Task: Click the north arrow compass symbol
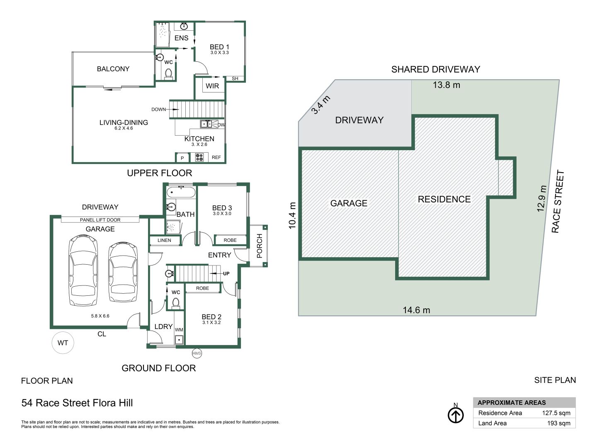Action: coord(456,415)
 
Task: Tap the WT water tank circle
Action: coord(63,343)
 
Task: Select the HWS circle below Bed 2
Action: coord(197,353)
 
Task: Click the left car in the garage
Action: coord(83,270)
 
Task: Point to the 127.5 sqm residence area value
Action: coord(556,413)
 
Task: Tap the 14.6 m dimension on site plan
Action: coord(416,310)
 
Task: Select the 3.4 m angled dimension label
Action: coord(321,105)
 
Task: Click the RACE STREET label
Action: coord(558,202)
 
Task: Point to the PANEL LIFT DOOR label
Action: coord(100,220)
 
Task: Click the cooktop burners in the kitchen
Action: coord(199,157)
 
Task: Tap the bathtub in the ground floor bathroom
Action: coord(181,192)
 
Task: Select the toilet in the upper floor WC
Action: coord(168,74)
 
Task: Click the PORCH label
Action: coord(260,246)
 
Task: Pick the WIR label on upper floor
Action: coord(212,86)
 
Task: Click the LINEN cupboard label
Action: coord(164,240)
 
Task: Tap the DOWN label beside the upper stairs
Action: coord(158,110)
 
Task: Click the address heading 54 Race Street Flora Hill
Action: coord(77,403)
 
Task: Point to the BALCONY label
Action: coord(113,69)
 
